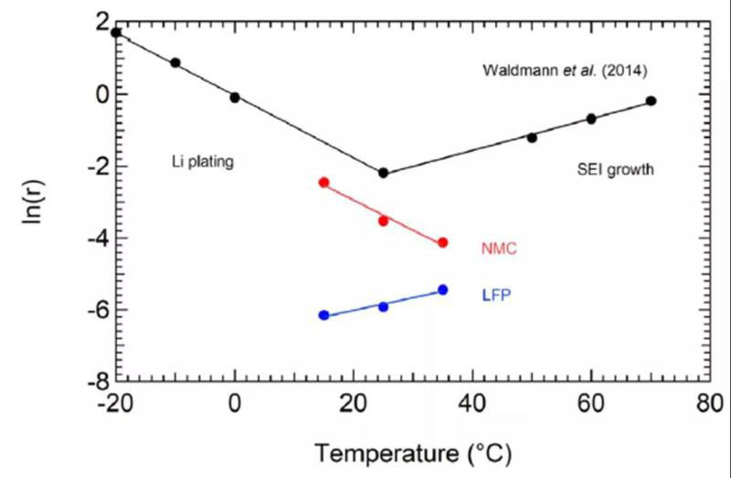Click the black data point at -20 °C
click(116, 33)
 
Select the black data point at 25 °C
click(383, 173)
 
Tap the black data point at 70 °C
click(651, 101)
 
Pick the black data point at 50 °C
click(532, 137)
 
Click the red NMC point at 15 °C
click(323, 183)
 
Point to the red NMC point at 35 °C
click(442, 242)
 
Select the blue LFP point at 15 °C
click(323, 315)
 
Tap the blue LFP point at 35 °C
click(442, 290)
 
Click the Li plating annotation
click(203, 162)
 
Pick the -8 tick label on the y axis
click(90, 382)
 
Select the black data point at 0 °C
click(235, 97)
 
